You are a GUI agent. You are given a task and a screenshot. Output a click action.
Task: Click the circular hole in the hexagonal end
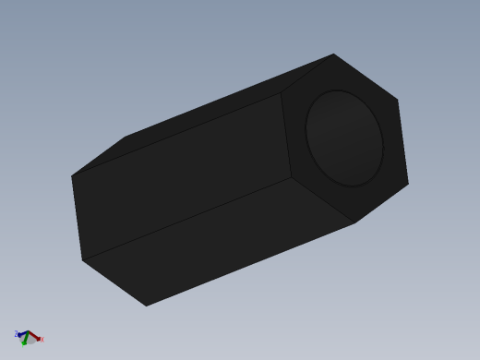point(344,138)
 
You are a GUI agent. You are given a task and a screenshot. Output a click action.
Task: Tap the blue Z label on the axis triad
point(17,333)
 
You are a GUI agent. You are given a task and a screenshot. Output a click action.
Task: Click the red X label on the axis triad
point(42,340)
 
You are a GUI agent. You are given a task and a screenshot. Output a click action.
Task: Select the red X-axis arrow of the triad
point(35,337)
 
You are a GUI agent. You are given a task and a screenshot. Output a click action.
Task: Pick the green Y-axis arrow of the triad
point(25,342)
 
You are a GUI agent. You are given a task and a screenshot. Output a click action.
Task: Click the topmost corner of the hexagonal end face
point(333,54)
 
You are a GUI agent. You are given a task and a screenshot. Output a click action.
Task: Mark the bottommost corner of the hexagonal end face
point(355,222)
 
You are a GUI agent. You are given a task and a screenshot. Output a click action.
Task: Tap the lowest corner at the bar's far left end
point(146,306)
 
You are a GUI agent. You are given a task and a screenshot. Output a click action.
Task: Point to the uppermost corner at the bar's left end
point(126,137)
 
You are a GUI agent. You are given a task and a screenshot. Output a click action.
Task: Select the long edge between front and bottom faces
point(185,220)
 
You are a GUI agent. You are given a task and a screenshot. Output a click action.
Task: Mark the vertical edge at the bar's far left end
point(77,218)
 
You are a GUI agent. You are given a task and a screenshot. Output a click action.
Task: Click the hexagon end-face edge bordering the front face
point(287,134)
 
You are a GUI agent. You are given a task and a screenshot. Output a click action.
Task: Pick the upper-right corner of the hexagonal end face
point(398,100)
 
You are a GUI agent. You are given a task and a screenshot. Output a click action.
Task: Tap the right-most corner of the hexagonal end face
point(408,183)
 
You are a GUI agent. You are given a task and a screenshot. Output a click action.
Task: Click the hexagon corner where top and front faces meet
point(282,91)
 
